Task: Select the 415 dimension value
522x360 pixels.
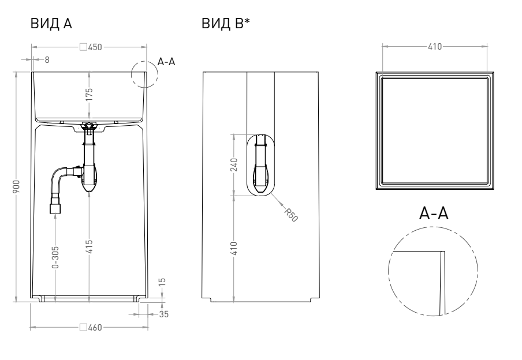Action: tap(90, 247)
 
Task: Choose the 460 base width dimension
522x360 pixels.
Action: tap(92, 328)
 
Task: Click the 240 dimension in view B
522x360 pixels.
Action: tap(233, 165)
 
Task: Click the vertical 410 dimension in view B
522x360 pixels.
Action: tap(233, 249)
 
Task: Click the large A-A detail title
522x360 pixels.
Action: tap(434, 215)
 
